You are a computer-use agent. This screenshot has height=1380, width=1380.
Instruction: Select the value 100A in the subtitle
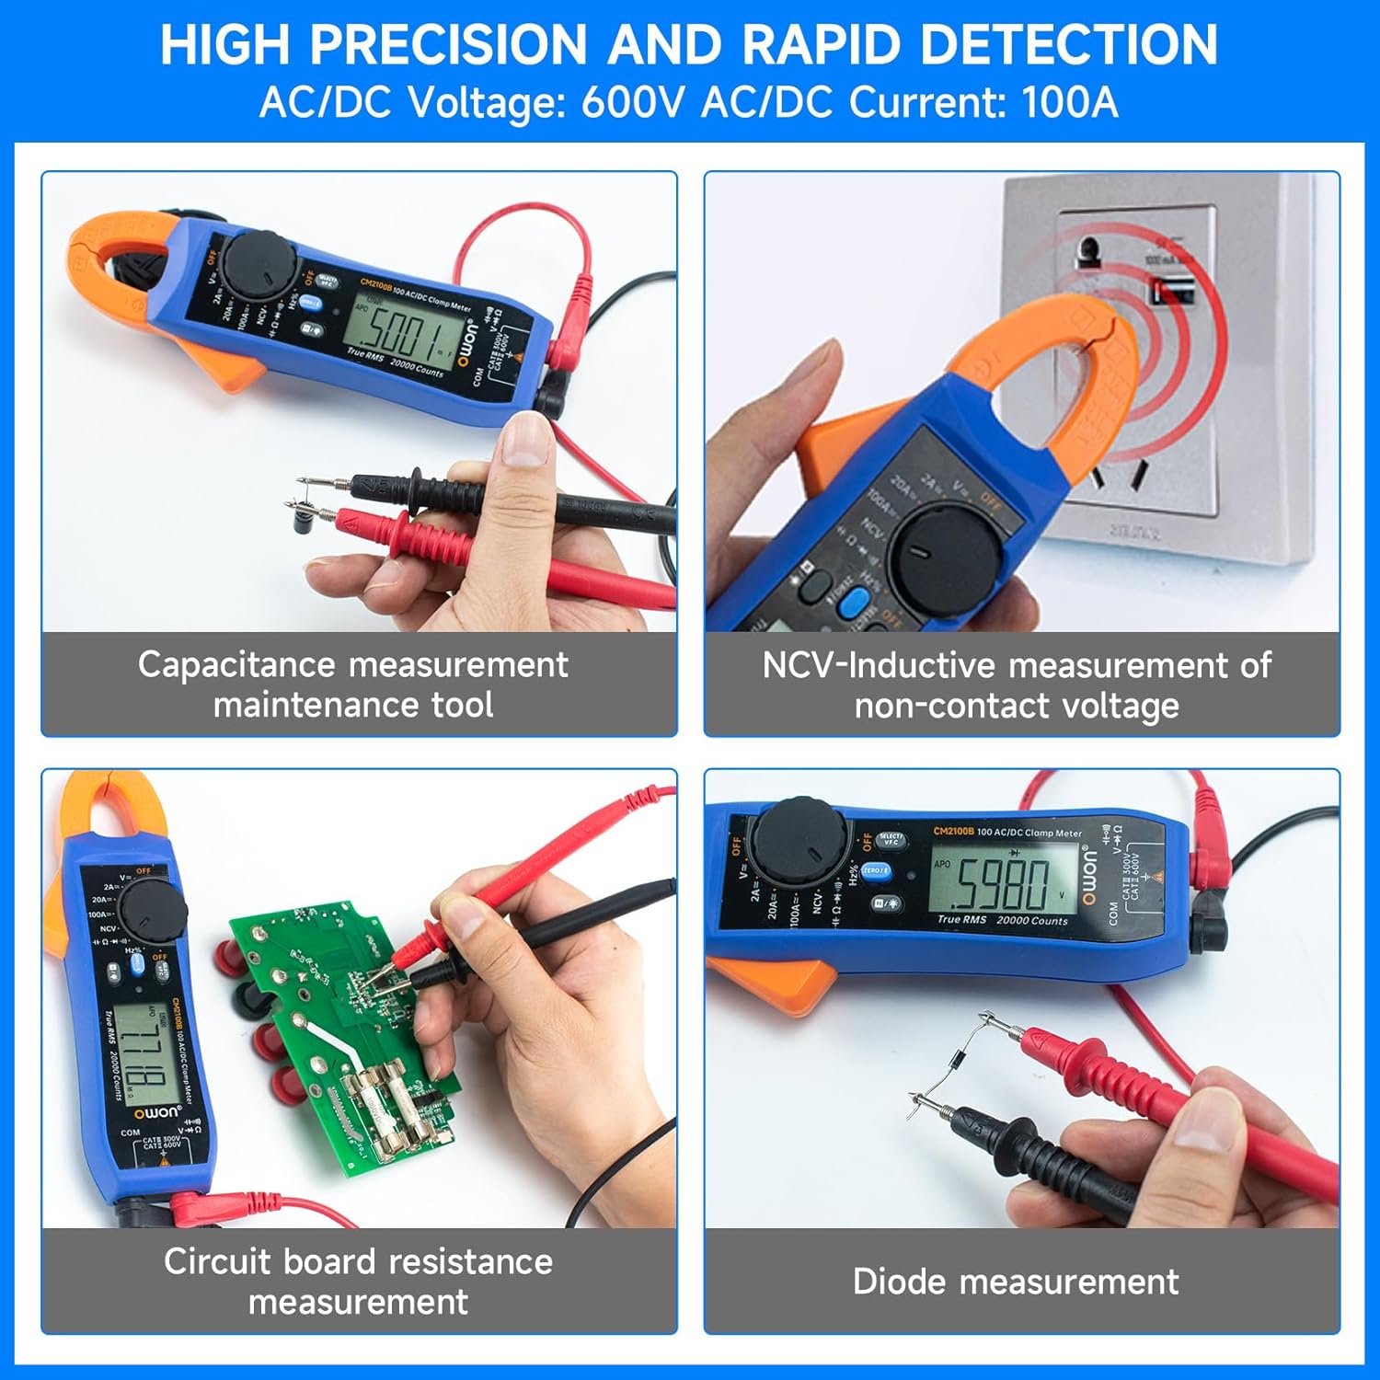pyautogui.click(x=1069, y=102)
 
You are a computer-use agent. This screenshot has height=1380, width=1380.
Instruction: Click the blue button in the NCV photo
pyautogui.click(x=856, y=603)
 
